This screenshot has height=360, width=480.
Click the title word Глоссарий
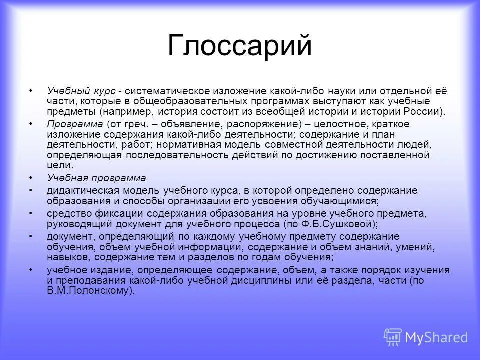click(240, 46)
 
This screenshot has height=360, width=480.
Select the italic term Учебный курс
click(81, 91)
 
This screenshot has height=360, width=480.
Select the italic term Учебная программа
click(97, 178)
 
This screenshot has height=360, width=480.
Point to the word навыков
click(65, 257)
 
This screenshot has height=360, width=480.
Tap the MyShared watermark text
click(436, 337)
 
